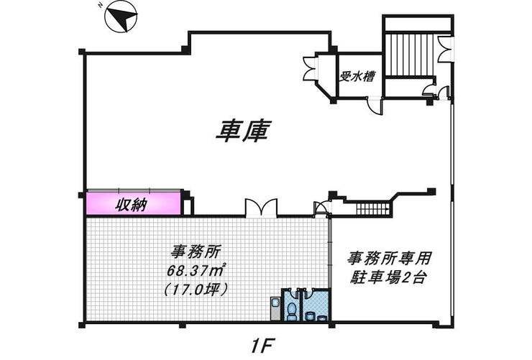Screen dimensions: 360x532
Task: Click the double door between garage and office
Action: (x=260, y=208)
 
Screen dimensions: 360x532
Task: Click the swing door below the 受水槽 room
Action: (x=374, y=105)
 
